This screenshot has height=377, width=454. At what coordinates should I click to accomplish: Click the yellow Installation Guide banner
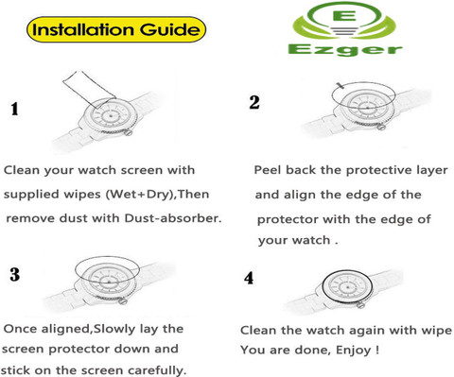click(116, 29)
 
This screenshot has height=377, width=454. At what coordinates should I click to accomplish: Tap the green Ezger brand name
click(345, 50)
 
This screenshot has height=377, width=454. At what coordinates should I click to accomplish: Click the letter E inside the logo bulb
click(346, 15)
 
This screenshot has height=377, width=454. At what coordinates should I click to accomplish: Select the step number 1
click(14, 109)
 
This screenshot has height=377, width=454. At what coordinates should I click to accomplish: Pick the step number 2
click(254, 102)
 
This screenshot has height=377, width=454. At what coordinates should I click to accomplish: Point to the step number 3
click(14, 274)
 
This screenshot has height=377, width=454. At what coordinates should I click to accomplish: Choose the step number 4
click(249, 278)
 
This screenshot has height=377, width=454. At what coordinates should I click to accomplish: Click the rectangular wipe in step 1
click(89, 89)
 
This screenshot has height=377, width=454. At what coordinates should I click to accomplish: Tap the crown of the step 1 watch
click(128, 132)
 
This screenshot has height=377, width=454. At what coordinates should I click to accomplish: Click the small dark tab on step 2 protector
click(340, 86)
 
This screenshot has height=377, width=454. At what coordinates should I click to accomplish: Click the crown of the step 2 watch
click(381, 127)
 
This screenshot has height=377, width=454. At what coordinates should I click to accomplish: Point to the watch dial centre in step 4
click(347, 287)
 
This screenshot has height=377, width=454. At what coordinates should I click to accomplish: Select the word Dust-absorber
click(173, 218)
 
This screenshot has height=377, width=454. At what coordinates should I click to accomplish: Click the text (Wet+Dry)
click(140, 194)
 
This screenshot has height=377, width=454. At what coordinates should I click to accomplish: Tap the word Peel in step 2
click(268, 170)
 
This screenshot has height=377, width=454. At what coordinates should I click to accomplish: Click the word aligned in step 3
click(66, 329)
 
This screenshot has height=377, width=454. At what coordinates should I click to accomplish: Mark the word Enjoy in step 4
click(354, 351)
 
